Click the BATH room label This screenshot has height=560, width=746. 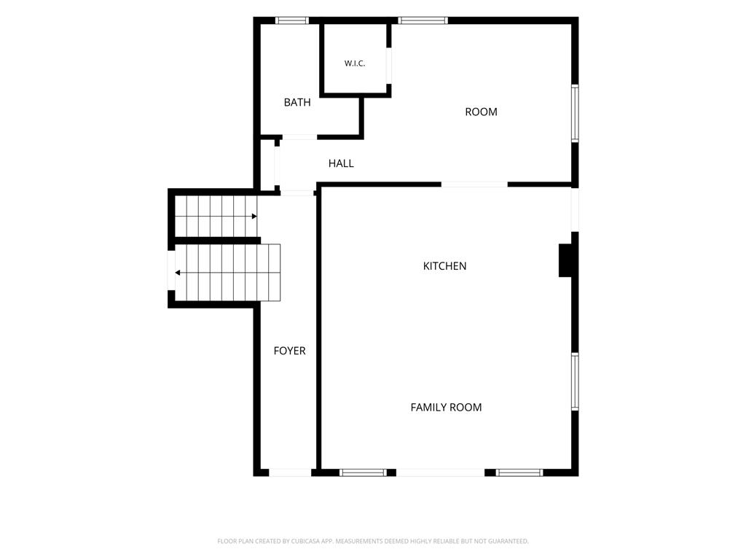tap(297, 102)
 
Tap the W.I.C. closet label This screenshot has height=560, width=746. tap(355, 63)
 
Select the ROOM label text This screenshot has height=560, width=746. tap(481, 112)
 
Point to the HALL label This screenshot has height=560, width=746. tap(341, 163)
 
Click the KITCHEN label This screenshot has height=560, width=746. tap(445, 266)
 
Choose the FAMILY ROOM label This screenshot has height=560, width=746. tap(447, 407)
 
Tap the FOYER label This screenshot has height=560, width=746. tap(290, 351)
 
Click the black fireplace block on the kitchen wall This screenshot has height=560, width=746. tap(565, 260)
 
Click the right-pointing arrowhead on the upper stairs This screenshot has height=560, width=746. tap(254, 216)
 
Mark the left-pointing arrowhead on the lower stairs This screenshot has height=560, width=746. tap(178, 273)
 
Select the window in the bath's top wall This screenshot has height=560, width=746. tap(291, 20)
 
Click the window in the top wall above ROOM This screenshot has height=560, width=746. tap(423, 20)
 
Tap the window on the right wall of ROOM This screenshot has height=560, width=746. tap(575, 113)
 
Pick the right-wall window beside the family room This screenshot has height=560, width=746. tap(575, 381)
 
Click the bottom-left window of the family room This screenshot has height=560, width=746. tap(363, 472)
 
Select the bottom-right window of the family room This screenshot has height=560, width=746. tap(519, 472)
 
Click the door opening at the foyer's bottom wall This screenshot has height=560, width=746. tap(290, 472)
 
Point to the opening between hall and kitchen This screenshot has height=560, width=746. tap(474, 184)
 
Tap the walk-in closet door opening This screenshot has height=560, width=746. tap(389, 66)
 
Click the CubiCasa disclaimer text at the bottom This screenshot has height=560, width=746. tap(373, 541)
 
